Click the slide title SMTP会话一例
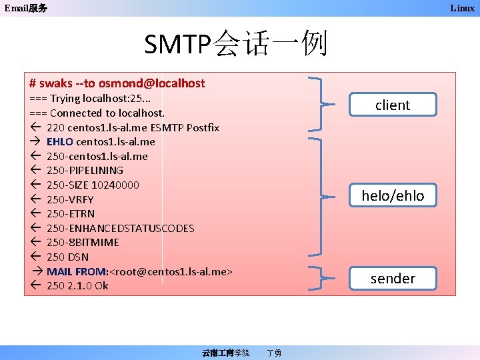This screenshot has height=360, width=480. coord(236,45)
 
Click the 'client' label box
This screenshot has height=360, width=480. coord(393,105)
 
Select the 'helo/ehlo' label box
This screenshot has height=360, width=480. coord(393,195)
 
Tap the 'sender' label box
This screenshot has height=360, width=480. coord(393,278)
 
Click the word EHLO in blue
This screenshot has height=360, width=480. coord(60,141)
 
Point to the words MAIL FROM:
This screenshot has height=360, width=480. coord(77,271)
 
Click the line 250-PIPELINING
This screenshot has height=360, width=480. coord(85,170)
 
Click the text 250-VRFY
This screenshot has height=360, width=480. coord(70,199)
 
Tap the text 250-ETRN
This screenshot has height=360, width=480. coord(71,213)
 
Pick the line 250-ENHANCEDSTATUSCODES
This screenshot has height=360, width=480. coord(120,228)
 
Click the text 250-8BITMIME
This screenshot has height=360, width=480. coord(83,243)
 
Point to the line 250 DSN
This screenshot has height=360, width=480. coord(67,257)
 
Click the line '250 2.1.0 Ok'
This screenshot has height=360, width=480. coord(77,285)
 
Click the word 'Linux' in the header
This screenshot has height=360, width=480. coord(462,8)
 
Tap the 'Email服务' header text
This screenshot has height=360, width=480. coord(25,8)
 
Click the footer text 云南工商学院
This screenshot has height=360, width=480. coord(225,353)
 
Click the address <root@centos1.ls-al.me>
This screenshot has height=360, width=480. coord(171,271)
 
